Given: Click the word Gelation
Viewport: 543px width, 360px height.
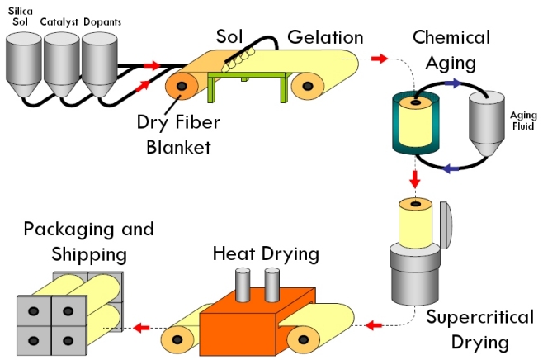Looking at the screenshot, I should [x=325, y=37].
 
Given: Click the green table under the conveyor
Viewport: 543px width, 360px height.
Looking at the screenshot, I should [x=248, y=83].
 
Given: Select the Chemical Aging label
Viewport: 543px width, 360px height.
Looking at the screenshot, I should [x=451, y=50].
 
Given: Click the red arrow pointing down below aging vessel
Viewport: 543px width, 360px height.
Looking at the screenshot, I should [x=415, y=178].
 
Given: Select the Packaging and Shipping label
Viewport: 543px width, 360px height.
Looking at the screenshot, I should [x=88, y=239].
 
